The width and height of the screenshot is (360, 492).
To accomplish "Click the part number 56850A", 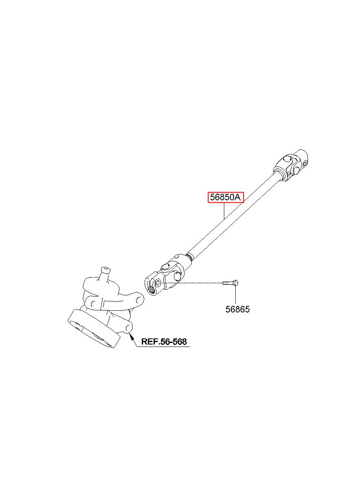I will click(226, 198).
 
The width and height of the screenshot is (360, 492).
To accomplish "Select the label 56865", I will click(238, 310).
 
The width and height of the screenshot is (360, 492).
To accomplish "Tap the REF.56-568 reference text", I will click(164, 342).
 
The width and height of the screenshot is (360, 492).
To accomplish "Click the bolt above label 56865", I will click(230, 283).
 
